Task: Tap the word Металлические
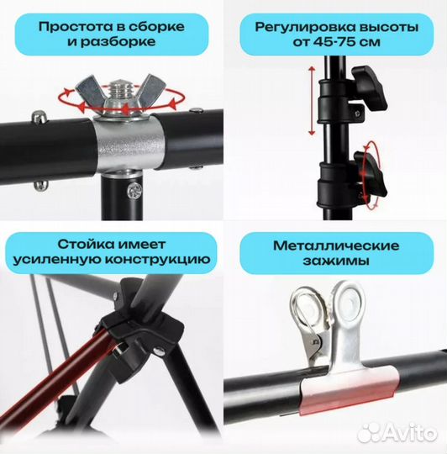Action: [336, 246]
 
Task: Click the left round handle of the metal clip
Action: [310, 311]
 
